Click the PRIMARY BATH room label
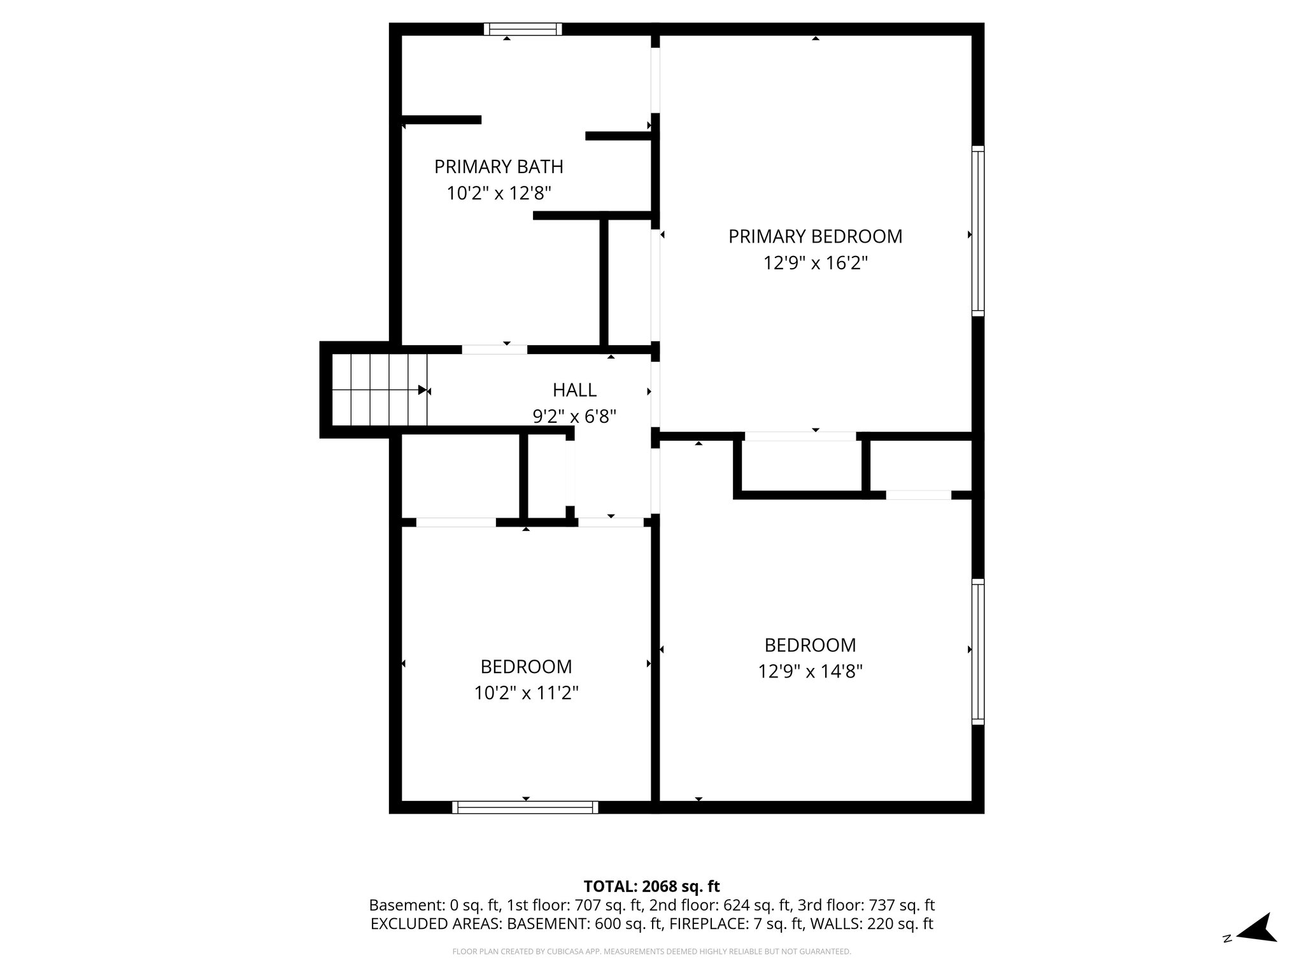pyautogui.click(x=499, y=167)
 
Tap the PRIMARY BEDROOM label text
pyautogui.click(x=815, y=237)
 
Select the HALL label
pyautogui.click(x=574, y=390)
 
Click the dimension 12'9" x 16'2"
pyautogui.click(x=815, y=263)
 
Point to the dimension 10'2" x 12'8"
pyautogui.click(x=499, y=193)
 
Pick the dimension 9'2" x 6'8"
pyautogui.click(x=574, y=416)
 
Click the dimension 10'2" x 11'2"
pyautogui.click(x=526, y=693)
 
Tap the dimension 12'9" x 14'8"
pyautogui.click(x=810, y=672)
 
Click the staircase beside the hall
pyautogui.click(x=379, y=390)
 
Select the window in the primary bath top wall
pyautogui.click(x=523, y=29)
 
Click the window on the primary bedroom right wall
pyautogui.click(x=977, y=230)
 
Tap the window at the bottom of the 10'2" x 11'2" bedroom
pyautogui.click(x=525, y=807)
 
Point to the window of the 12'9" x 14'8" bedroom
pyautogui.click(x=977, y=651)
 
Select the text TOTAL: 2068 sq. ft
pyautogui.click(x=651, y=886)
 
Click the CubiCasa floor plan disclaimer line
pyautogui.click(x=651, y=952)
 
